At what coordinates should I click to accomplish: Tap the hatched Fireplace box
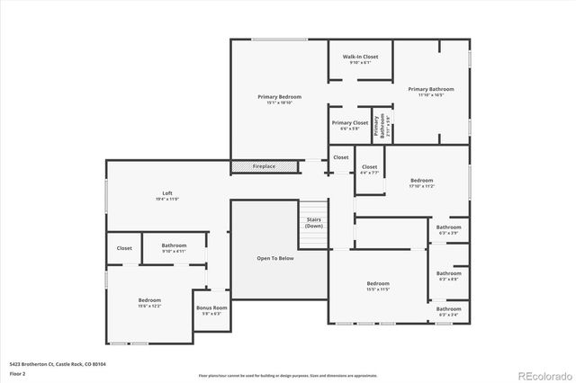264,166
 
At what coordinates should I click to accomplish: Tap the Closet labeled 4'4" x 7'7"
369,168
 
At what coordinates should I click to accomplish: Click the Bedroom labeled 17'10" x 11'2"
422,183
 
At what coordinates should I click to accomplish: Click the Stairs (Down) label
314,222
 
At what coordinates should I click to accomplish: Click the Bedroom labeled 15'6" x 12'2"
149,302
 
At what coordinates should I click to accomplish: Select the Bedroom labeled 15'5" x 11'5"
378,286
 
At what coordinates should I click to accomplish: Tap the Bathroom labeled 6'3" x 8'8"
448,275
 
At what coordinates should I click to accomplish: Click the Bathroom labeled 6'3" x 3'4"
448,311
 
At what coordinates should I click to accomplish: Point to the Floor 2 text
18,372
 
